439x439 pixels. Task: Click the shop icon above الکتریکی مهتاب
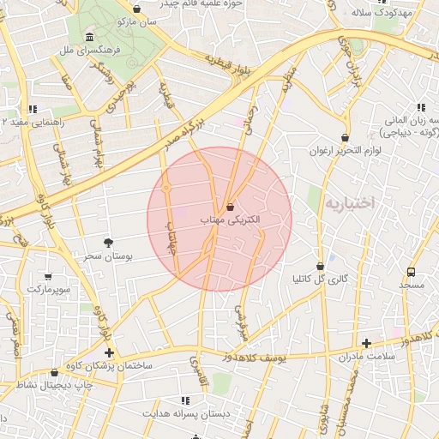[x=230, y=206]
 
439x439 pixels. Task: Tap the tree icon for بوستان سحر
[x=108, y=243]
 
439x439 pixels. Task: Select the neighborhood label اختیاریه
[x=352, y=204]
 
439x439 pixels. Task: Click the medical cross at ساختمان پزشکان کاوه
[x=109, y=352]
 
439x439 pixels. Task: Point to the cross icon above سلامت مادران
[x=367, y=343]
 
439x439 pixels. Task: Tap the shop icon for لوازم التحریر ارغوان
[x=345, y=137]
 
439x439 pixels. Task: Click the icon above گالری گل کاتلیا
[x=320, y=266]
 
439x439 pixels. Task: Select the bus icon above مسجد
[x=411, y=272]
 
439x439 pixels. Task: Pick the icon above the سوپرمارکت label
[x=47, y=277]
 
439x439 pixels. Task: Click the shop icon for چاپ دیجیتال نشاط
[x=56, y=373]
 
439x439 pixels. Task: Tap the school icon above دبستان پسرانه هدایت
[x=185, y=400]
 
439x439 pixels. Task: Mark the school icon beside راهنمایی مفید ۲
[x=33, y=109]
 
